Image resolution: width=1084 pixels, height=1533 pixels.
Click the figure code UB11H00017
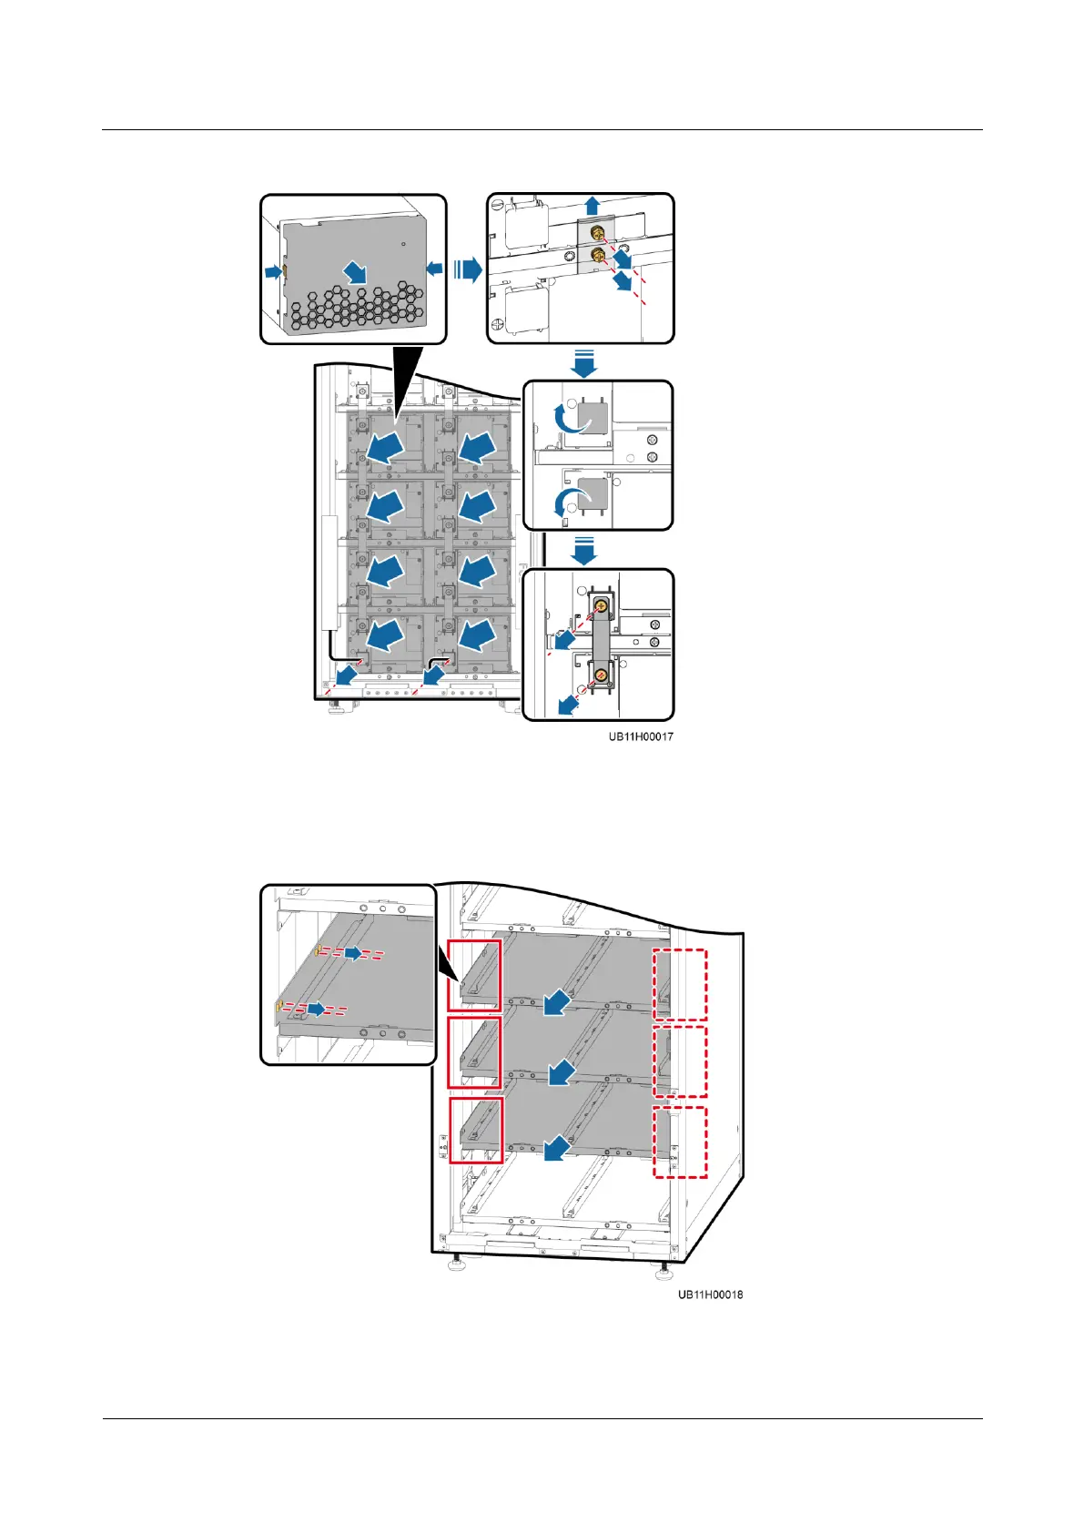pos(641,736)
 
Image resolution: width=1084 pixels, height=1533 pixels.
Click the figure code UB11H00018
pos(710,1294)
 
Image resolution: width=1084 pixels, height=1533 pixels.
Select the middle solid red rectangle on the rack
pos(474,1051)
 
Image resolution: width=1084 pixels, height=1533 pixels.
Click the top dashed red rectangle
pos(680,984)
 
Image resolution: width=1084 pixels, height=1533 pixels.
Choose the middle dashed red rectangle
pos(680,1061)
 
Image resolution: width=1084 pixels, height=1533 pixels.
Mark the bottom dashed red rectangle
pos(680,1142)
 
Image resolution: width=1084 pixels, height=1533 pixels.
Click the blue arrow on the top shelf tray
pos(557,1002)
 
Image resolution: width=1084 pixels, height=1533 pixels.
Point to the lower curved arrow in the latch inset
pos(570,499)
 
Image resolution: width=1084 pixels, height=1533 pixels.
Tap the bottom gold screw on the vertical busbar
pos(601,674)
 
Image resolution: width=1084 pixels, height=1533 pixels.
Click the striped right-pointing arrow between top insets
pos(467,269)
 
